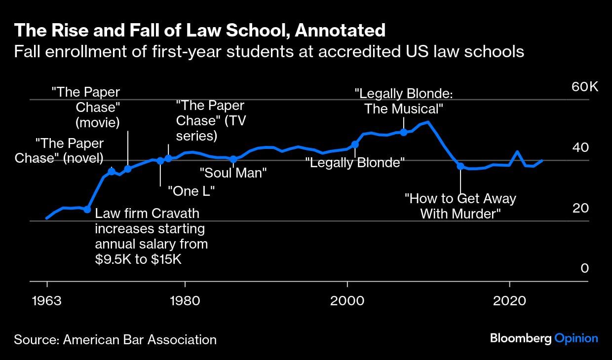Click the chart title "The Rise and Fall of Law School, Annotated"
[x=199, y=31]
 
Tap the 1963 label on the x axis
[x=47, y=301]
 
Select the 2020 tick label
[x=509, y=301]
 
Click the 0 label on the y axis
[x=585, y=268]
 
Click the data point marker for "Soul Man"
[x=233, y=159]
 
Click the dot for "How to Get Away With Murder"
[x=460, y=166]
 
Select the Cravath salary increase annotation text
[x=151, y=236]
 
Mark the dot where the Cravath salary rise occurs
[x=87, y=209]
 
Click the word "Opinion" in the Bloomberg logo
[x=576, y=338]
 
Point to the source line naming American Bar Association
[x=115, y=339]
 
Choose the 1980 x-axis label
[x=185, y=301]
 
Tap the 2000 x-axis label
[x=347, y=301]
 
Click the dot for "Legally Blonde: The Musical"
[x=403, y=132]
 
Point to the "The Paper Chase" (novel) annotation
[x=59, y=150]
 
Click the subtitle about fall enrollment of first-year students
[x=268, y=51]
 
